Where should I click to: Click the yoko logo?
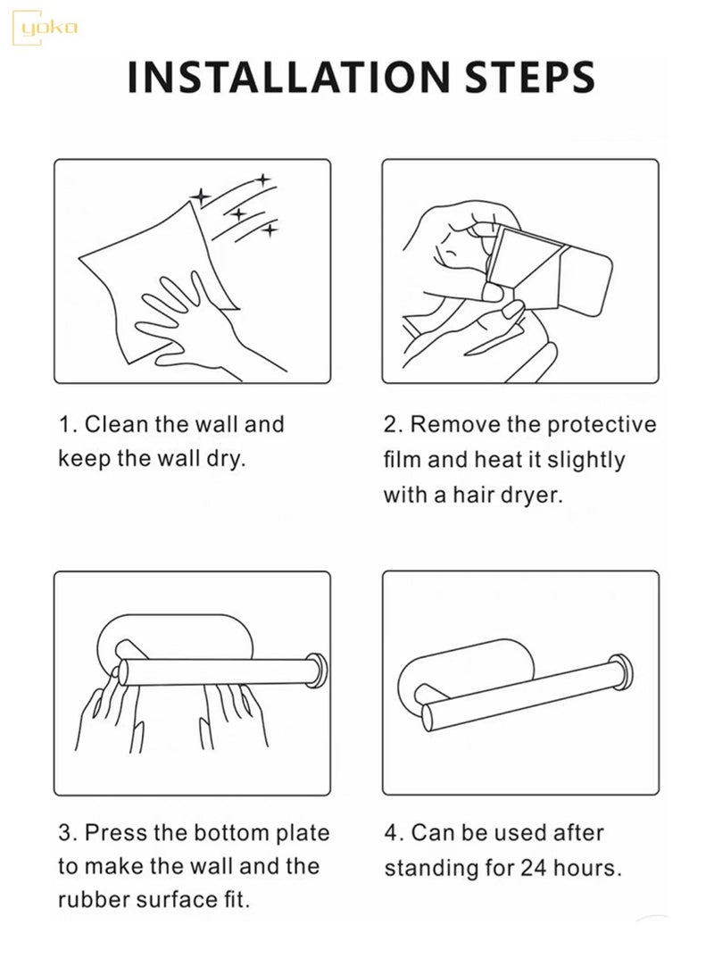44,28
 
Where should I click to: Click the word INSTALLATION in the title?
288,78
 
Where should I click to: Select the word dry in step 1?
226,460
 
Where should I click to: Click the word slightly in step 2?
586,461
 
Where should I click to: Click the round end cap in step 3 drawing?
318,671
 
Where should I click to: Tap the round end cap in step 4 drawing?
621,672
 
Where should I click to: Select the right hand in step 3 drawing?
233,714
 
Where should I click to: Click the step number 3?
65,833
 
